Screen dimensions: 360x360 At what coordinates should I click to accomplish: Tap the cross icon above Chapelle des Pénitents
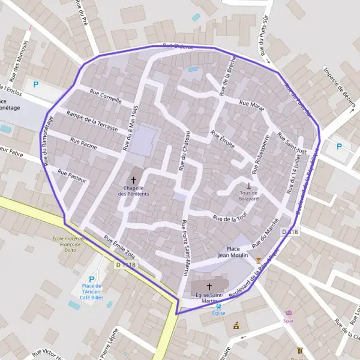click(x=133, y=180)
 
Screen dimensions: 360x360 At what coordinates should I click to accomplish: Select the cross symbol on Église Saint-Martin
click(x=209, y=287)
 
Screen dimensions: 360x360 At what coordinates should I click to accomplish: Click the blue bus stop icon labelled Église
click(x=218, y=305)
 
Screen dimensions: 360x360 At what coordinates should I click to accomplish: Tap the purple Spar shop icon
click(x=289, y=313)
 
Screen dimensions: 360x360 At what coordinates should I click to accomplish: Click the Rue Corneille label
click(x=105, y=97)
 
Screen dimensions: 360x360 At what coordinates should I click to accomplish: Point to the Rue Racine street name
click(x=83, y=145)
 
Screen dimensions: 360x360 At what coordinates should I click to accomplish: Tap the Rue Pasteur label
click(x=72, y=176)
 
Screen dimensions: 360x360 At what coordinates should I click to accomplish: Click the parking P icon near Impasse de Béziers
click(x=340, y=146)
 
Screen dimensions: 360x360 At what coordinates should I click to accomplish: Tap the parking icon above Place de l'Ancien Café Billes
click(x=91, y=279)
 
